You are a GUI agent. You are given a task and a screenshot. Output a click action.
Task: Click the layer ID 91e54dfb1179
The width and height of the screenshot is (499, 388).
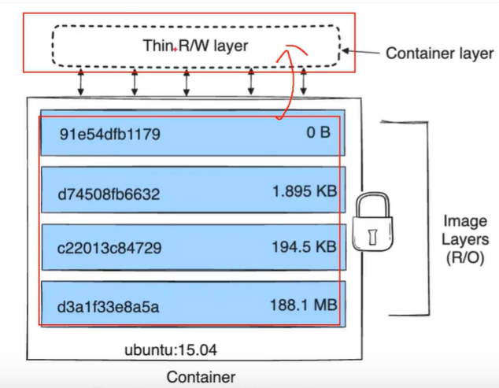pos(109,134)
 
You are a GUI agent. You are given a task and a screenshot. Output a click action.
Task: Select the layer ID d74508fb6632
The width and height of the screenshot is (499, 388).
pos(109,192)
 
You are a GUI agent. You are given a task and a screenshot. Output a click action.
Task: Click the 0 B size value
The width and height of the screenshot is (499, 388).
pos(318,132)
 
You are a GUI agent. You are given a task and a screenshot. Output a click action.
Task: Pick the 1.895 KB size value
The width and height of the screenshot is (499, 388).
pos(301,190)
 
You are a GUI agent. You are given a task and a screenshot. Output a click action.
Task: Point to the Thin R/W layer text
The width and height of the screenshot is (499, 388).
pos(194,46)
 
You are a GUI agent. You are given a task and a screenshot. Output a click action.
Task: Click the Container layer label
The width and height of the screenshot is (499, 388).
pos(439,54)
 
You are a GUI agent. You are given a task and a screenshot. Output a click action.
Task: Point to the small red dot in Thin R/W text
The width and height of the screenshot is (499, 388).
pos(174,49)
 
